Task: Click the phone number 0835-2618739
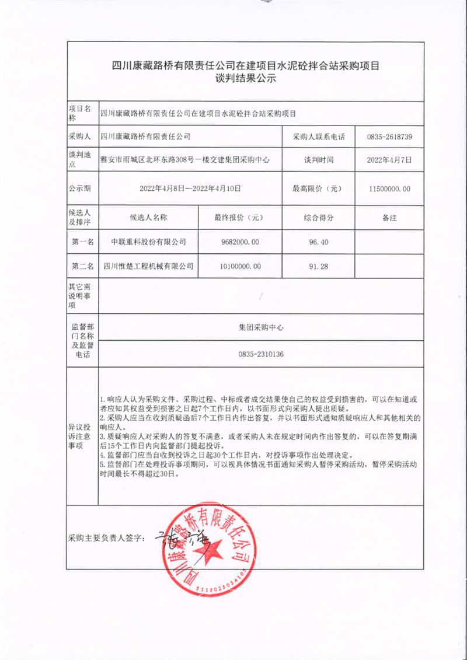tap(390, 137)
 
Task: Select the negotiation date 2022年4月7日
tap(390, 159)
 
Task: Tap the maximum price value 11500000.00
tap(390, 188)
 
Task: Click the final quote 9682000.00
tap(239, 241)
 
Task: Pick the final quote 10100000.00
tap(239, 266)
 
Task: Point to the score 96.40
tap(319, 241)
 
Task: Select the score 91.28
tap(319, 266)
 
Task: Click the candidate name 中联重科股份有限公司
tap(148, 241)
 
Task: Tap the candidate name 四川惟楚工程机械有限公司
tap(148, 266)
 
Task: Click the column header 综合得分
tap(319, 218)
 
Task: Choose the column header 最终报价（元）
tap(239, 218)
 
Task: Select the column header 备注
tap(389, 218)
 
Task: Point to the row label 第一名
tap(83, 241)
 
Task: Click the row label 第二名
tap(83, 266)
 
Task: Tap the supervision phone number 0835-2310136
tap(261, 354)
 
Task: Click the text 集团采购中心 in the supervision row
tap(261, 328)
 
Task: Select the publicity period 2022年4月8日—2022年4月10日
tap(190, 188)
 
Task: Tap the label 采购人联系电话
tap(319, 137)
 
